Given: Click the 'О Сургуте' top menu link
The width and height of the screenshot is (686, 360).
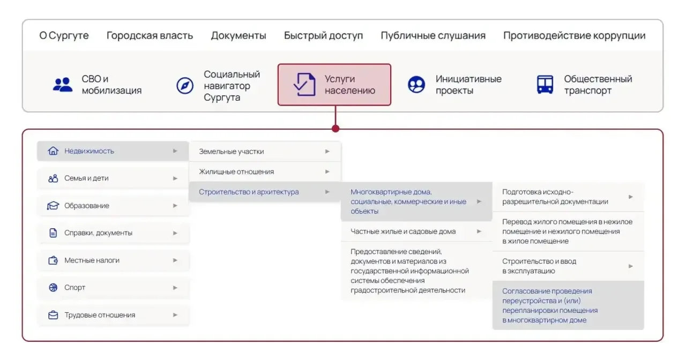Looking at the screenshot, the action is click(x=64, y=36).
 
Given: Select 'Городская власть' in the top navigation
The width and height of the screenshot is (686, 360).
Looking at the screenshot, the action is click(x=150, y=35).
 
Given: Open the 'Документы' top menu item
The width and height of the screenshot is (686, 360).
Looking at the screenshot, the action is click(x=238, y=36).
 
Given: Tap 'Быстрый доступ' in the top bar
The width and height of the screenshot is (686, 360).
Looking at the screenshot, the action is click(x=323, y=36).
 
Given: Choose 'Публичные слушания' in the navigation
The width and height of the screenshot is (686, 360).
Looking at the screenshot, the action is click(x=433, y=36).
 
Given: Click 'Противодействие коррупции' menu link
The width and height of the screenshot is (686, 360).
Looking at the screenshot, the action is click(x=574, y=36).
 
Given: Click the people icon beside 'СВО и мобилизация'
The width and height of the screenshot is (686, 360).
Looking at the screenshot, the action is click(x=63, y=85).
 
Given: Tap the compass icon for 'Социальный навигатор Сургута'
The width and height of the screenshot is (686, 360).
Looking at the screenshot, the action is click(x=185, y=85).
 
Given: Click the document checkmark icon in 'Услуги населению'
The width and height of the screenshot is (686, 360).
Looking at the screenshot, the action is click(x=304, y=85).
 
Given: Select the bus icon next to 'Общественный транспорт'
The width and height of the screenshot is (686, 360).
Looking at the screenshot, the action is click(x=545, y=85).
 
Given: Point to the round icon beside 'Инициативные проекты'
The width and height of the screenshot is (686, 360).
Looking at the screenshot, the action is click(x=416, y=85).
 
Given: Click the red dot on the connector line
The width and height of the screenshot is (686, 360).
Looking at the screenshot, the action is click(x=335, y=129).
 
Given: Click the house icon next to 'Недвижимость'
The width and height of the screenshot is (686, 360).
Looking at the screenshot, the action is click(x=53, y=151).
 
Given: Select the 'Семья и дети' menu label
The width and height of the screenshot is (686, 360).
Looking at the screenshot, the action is click(x=86, y=178).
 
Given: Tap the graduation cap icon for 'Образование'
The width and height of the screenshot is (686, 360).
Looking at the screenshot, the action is click(x=53, y=205).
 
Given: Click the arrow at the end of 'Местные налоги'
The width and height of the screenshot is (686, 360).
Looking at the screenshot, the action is click(x=175, y=260).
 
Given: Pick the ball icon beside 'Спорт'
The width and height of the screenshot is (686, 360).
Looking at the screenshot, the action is click(x=53, y=288).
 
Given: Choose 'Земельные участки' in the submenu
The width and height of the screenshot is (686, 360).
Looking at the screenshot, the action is click(x=231, y=152).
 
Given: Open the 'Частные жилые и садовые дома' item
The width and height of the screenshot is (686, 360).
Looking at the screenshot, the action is click(x=403, y=231).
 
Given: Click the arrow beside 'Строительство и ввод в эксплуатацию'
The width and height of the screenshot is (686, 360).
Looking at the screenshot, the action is click(x=631, y=266).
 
